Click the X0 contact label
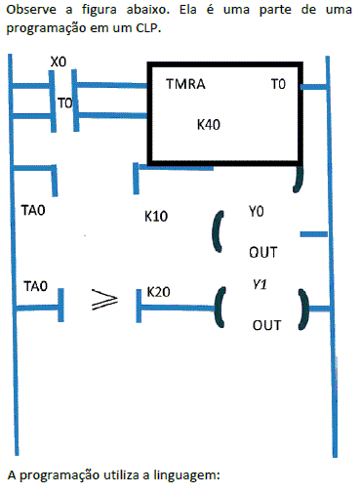click(x=59, y=62)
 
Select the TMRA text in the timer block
click(x=185, y=84)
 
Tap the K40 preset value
click(x=209, y=125)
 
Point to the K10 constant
click(x=156, y=217)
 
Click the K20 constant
click(x=158, y=292)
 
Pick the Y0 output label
click(x=257, y=212)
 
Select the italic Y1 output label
click(x=260, y=285)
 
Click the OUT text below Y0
click(x=263, y=252)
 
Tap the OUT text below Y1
click(x=266, y=325)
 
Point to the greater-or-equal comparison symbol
click(x=104, y=299)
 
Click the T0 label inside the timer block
click(x=278, y=84)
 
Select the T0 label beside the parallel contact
click(x=65, y=103)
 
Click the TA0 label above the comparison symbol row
click(x=36, y=286)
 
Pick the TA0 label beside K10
click(x=33, y=210)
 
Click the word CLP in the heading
click(x=148, y=28)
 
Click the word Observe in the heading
click(x=31, y=10)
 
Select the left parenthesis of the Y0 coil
click(x=219, y=231)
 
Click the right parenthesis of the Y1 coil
click(x=303, y=309)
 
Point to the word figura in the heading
click(x=100, y=10)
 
